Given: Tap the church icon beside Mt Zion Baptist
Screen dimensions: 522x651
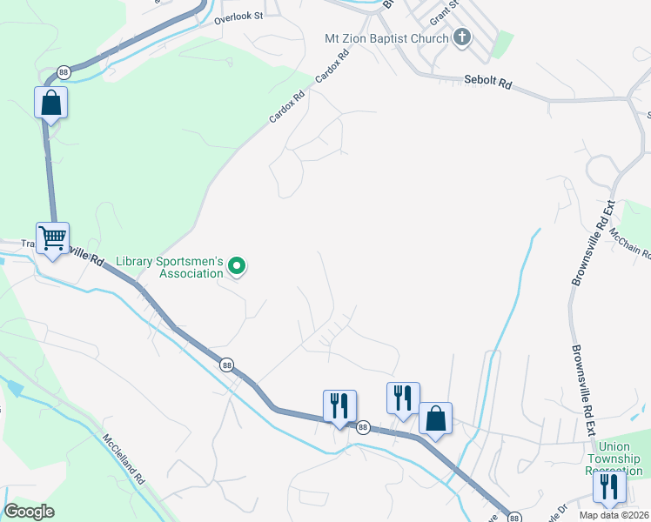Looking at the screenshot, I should click(462, 37).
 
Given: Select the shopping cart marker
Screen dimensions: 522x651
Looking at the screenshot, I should click(52, 238).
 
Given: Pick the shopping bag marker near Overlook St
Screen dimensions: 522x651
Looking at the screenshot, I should click(51, 104).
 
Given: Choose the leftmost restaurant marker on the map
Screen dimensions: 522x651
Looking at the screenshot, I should click(339, 405).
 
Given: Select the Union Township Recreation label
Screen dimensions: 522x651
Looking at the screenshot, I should click(614, 458).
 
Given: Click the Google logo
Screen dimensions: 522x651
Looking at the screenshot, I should click(30, 512).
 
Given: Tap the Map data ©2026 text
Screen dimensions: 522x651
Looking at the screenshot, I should click(614, 515).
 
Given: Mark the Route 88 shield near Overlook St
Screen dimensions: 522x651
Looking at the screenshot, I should click(64, 71).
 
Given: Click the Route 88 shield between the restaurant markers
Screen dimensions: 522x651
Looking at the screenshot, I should click(364, 427).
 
